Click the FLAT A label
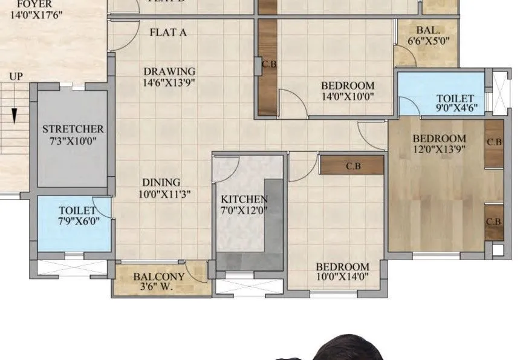pyautogui.click(x=167, y=33)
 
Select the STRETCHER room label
pyautogui.click(x=73, y=129)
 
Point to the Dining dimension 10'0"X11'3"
pyautogui.click(x=161, y=195)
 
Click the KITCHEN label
pyautogui.click(x=244, y=199)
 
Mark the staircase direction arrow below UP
pyautogui.click(x=13, y=115)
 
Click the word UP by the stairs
pyautogui.click(x=16, y=77)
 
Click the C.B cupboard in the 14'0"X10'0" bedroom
pyautogui.click(x=267, y=67)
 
